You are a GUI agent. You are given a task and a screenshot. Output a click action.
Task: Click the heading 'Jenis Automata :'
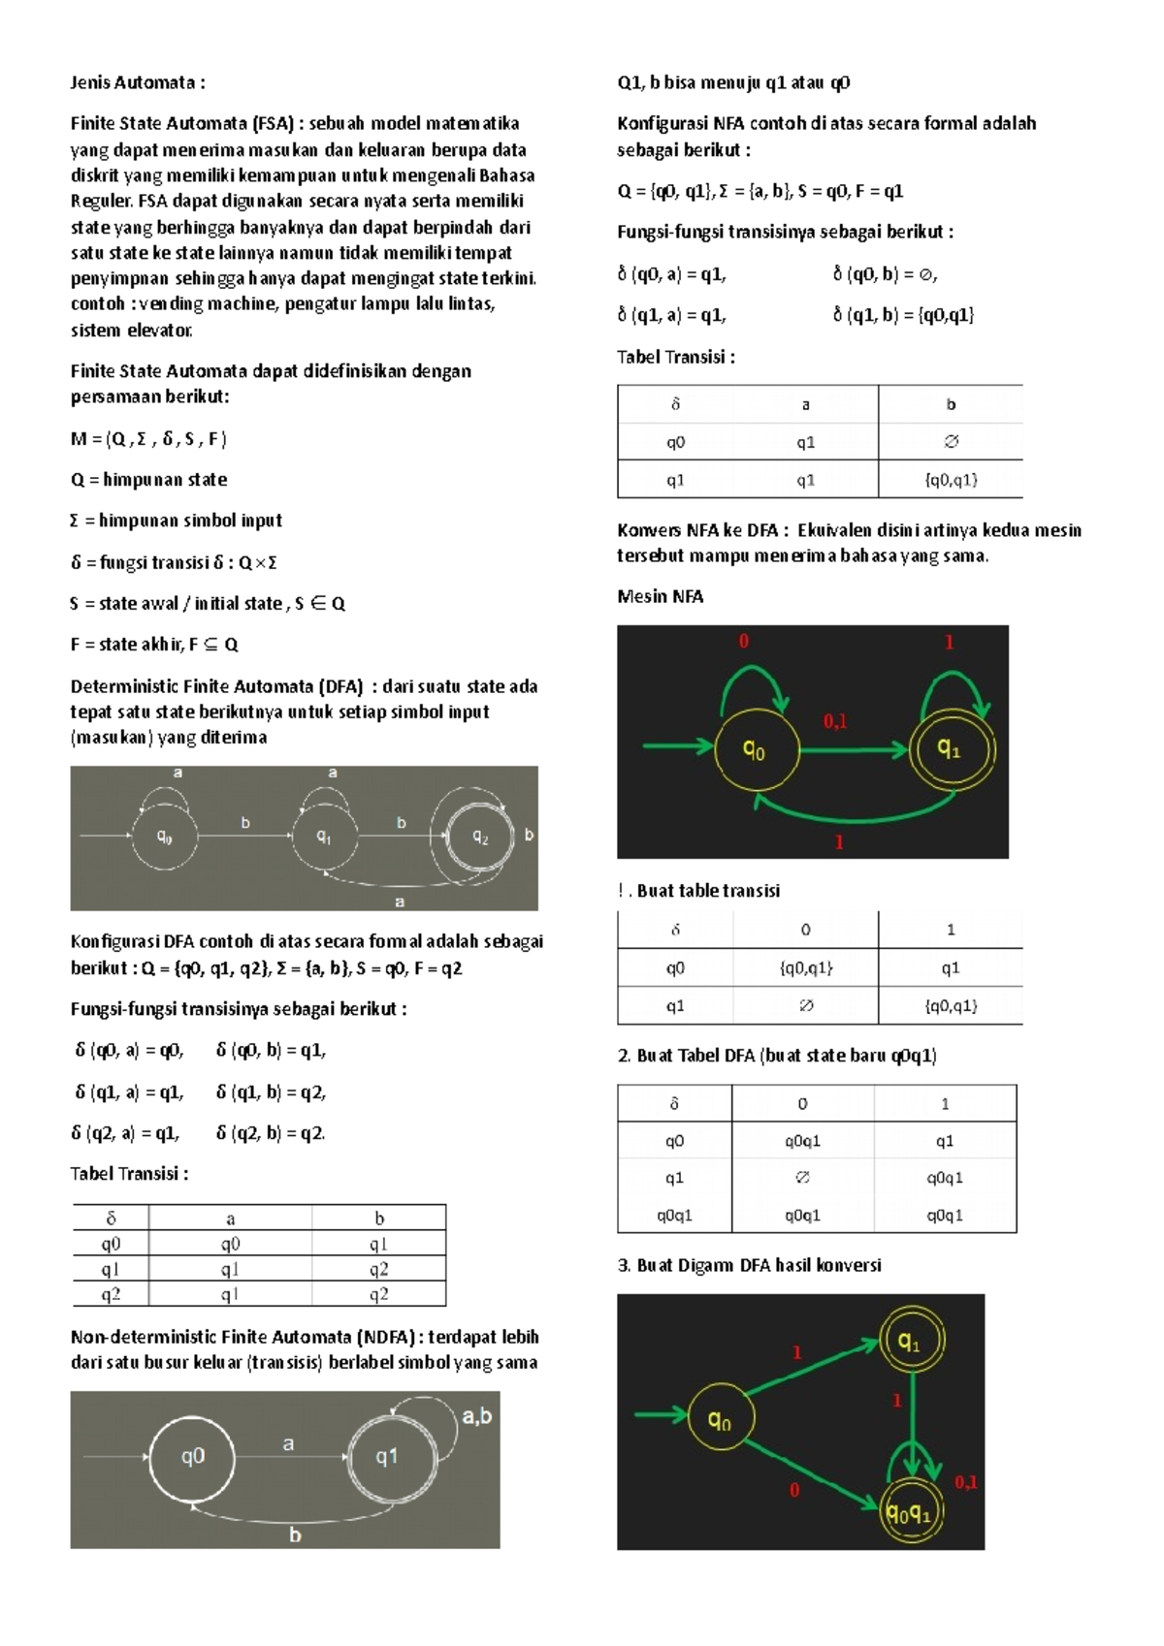137,82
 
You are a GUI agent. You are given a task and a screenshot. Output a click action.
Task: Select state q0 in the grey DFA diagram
165,837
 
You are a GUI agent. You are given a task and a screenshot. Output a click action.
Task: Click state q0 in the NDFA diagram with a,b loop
192,1456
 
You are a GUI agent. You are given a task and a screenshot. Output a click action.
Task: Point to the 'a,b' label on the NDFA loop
476,1416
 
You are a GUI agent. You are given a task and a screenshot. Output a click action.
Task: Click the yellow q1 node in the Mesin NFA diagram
949,748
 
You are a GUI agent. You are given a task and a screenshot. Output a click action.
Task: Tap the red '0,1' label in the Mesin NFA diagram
835,720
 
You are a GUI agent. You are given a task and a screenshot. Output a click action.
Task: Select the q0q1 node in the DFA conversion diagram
910,1513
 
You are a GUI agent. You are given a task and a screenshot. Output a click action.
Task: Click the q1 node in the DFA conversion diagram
909,1342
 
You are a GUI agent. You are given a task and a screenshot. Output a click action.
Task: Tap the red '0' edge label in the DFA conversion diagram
794,1490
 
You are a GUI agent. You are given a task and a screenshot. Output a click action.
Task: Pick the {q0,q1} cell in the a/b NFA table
951,480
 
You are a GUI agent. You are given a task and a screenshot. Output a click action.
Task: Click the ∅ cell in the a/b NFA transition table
951,442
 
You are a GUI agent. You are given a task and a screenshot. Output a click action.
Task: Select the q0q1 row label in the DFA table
674,1216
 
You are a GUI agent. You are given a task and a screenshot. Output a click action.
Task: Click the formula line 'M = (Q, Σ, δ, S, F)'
148,439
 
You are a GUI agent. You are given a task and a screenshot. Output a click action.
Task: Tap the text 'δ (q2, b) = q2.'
271,1132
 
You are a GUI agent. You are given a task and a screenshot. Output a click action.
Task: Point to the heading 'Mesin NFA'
660,596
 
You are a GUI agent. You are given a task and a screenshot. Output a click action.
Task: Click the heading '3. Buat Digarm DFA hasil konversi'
749,1265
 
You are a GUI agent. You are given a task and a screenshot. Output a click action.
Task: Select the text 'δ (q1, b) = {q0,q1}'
903,315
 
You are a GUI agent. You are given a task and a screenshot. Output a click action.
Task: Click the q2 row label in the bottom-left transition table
111,1295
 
